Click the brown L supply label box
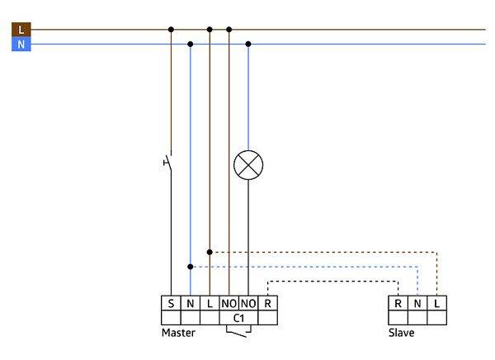coord(21,30)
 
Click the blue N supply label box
coord(21,44)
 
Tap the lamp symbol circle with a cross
coord(248,165)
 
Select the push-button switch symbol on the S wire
coord(168,162)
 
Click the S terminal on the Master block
coord(171,303)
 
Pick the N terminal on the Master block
coord(190,303)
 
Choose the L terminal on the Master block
coord(210,303)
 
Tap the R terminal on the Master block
coord(267,303)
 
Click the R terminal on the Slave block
coord(398,303)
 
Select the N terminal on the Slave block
coord(417,303)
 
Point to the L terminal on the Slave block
coord(437,303)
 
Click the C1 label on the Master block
coord(238,318)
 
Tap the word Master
coord(178,333)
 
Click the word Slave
coord(401,333)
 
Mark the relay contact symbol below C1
coord(238,331)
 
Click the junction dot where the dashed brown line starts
coord(210,252)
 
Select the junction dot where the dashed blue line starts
coord(190,267)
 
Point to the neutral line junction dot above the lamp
coord(248,44)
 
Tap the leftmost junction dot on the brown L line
coord(171,30)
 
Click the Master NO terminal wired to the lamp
coord(248,303)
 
